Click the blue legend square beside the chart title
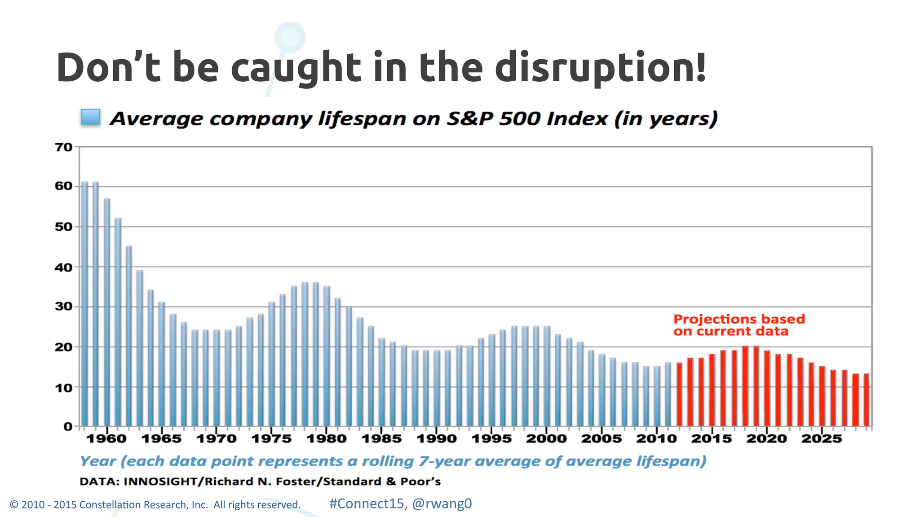pyautogui.click(x=90, y=117)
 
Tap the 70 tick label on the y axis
pyautogui.click(x=63, y=147)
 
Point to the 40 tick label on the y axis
pyautogui.click(x=63, y=267)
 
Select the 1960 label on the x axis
pyautogui.click(x=106, y=438)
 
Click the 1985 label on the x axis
pyautogui.click(x=381, y=438)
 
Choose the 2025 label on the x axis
pyautogui.click(x=822, y=438)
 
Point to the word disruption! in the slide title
pyautogui.click(x=601, y=68)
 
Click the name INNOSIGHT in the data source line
pyautogui.click(x=160, y=482)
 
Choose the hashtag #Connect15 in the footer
pyautogui.click(x=366, y=504)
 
